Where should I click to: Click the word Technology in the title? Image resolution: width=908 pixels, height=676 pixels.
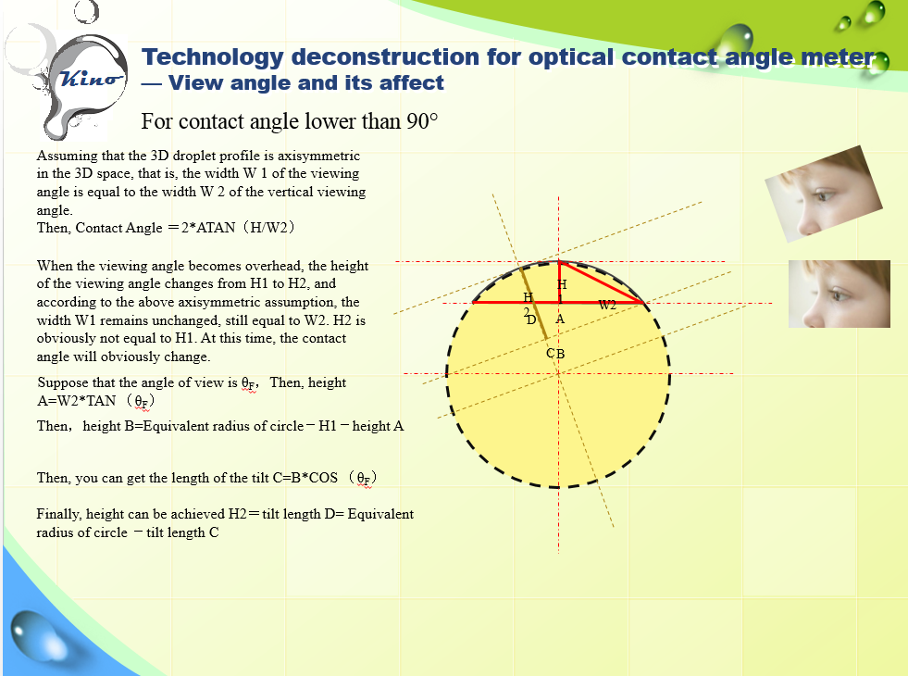[213, 57]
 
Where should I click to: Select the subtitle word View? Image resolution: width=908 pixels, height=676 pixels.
[194, 82]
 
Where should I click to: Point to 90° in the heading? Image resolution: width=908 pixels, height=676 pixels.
[422, 121]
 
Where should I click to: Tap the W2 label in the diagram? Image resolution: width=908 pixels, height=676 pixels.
[607, 306]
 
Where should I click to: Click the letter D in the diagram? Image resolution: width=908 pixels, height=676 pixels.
[531, 319]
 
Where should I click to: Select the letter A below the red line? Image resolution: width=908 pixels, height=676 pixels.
[560, 319]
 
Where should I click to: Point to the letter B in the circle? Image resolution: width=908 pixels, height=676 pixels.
[560, 354]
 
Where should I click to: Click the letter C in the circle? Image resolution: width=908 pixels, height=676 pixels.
[551, 354]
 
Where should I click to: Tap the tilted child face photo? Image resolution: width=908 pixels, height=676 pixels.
[824, 194]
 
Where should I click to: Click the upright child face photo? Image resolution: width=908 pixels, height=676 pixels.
[840, 294]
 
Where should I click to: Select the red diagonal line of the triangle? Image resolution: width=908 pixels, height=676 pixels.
[602, 282]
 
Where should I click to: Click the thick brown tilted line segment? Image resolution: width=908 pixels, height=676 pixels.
[534, 303]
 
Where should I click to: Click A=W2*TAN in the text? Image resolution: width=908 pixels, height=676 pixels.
[77, 401]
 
